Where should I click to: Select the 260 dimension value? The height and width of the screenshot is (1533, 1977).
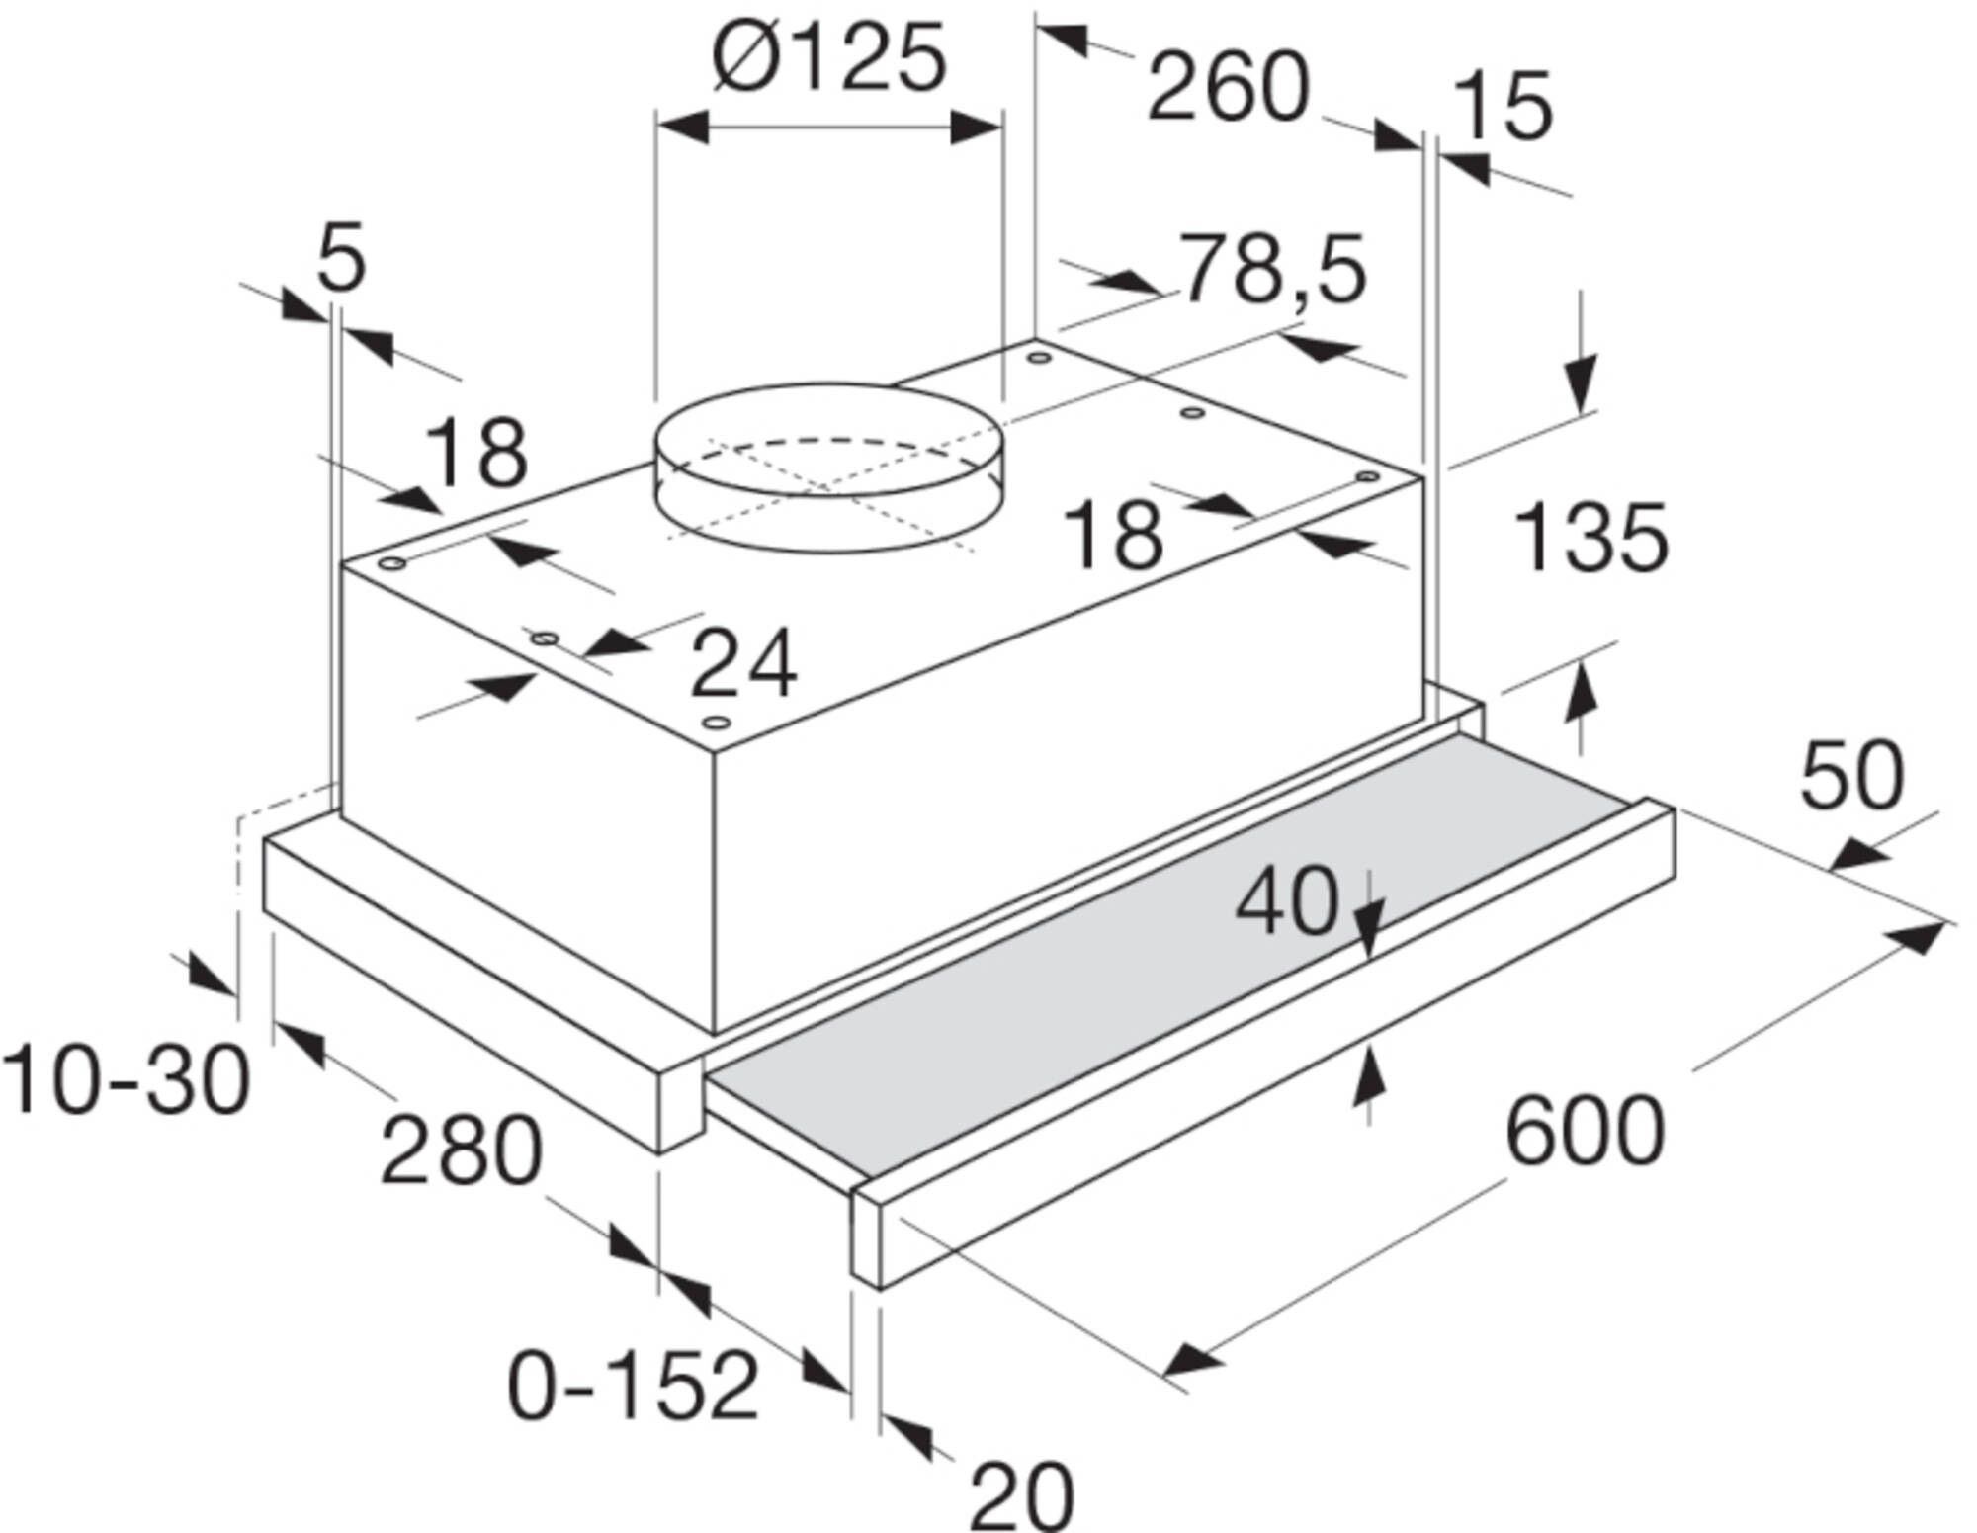[x=1228, y=89]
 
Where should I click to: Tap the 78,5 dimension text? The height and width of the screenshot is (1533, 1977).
[x=1274, y=269]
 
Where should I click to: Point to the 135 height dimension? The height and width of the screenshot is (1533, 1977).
[x=1590, y=538]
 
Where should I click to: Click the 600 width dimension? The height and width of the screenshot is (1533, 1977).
[x=1585, y=1131]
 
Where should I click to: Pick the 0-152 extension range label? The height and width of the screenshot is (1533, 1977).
[x=633, y=1386]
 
